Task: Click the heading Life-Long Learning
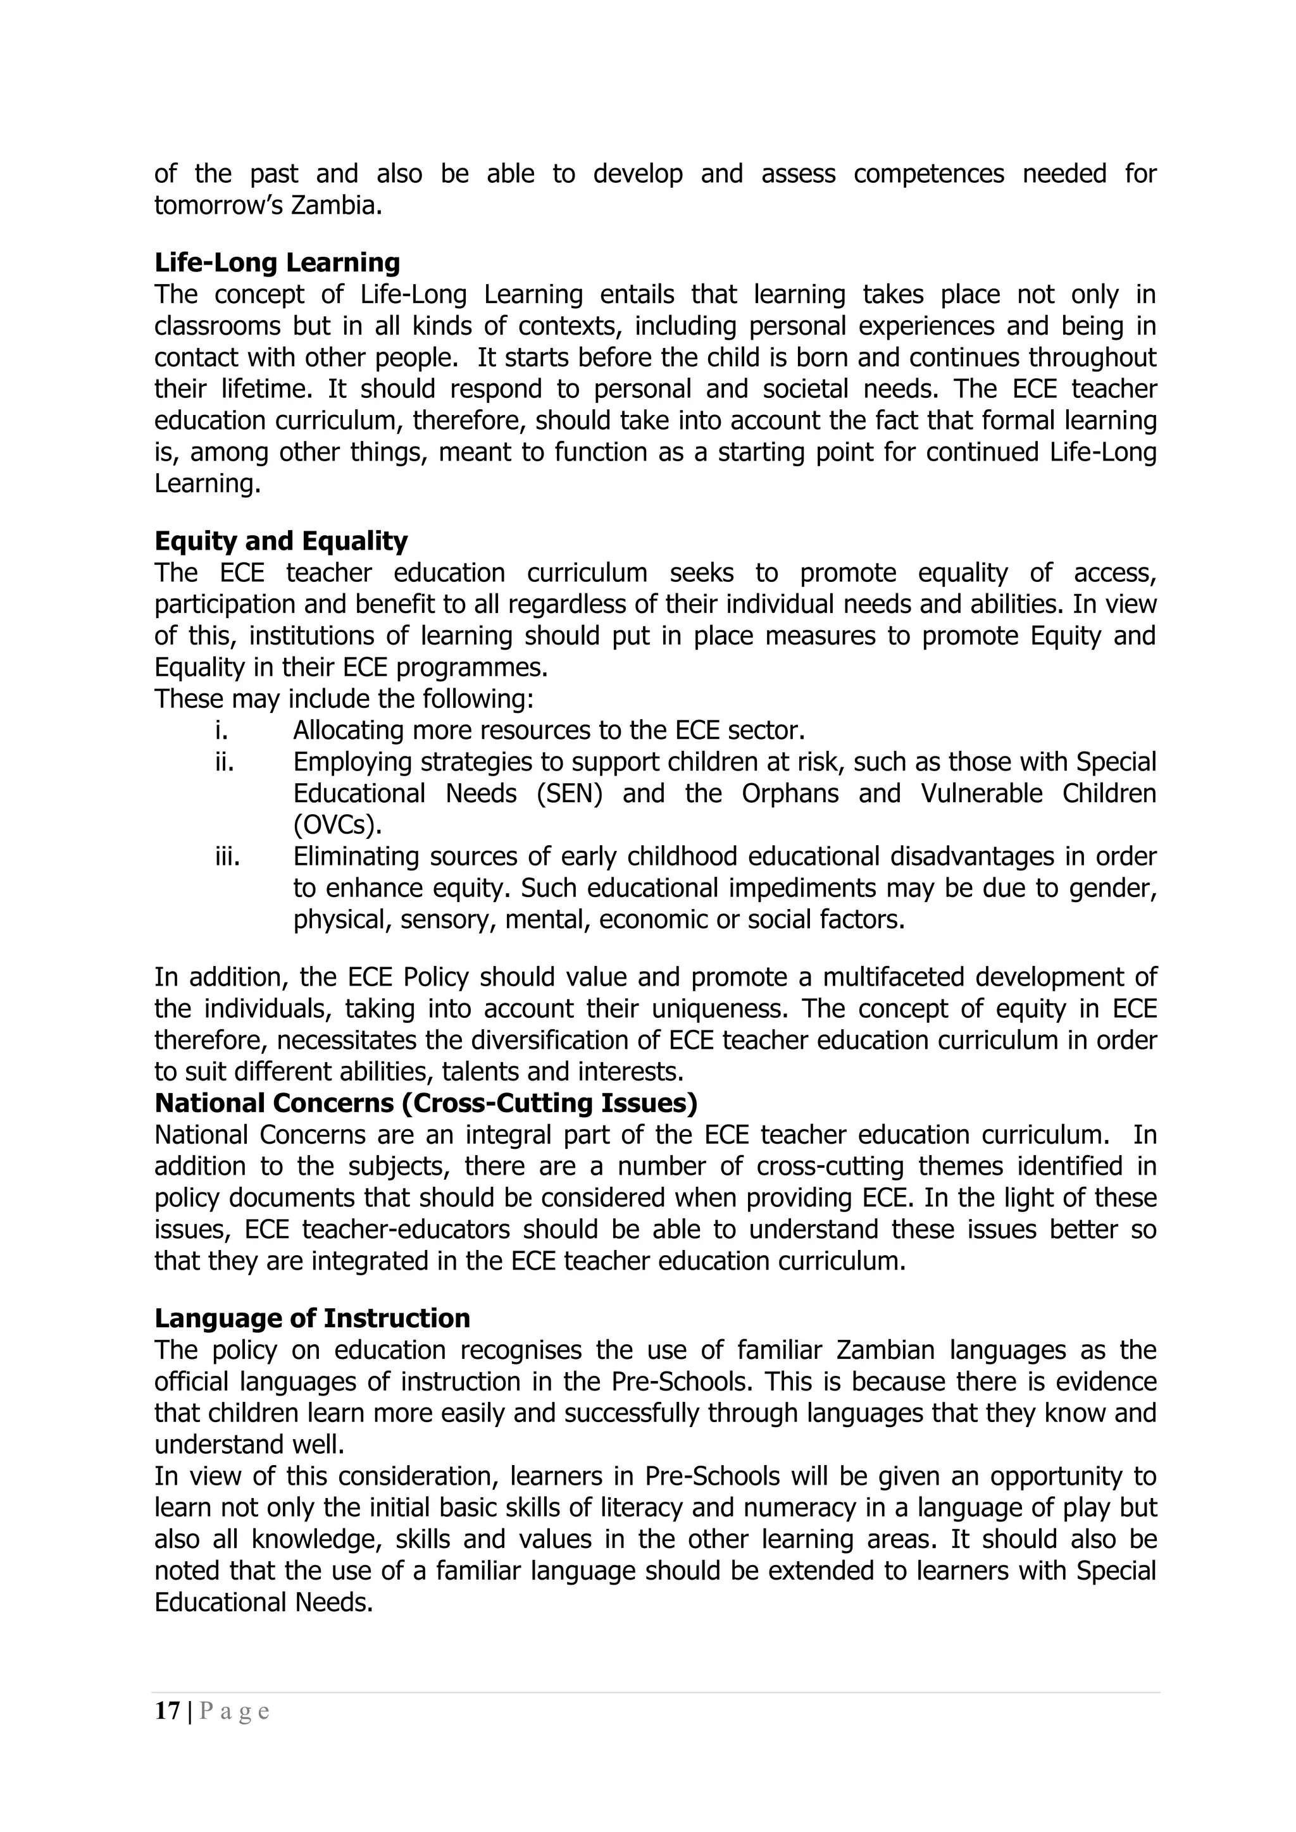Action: pos(277,263)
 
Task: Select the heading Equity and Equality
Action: pos(281,541)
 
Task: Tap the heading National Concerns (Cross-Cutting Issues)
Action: pos(426,1103)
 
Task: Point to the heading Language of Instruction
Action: pos(312,1318)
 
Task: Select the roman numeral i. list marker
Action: pos(221,730)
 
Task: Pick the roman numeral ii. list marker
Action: pos(224,762)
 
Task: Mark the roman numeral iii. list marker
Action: pos(227,856)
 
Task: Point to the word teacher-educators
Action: pos(406,1230)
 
